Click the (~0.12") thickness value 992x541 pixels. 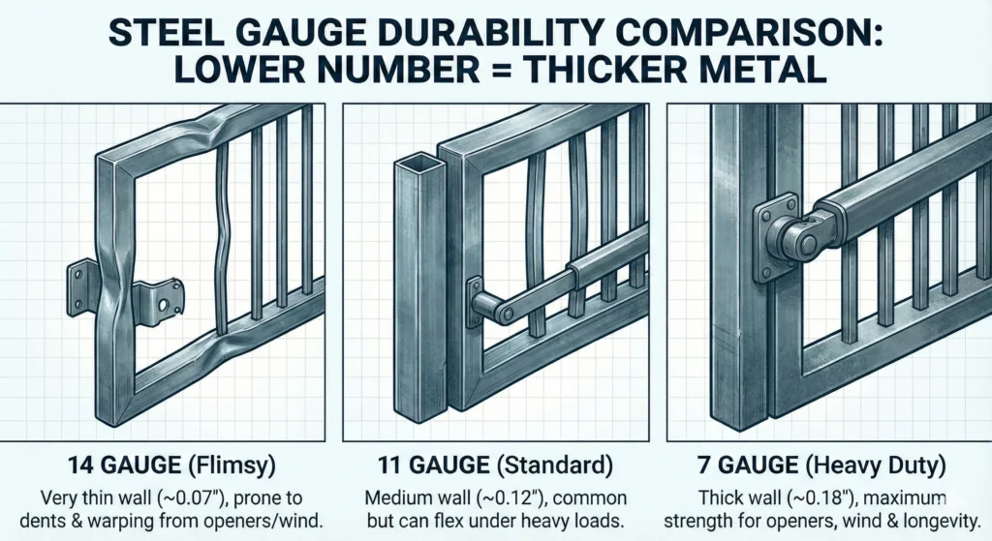512,499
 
